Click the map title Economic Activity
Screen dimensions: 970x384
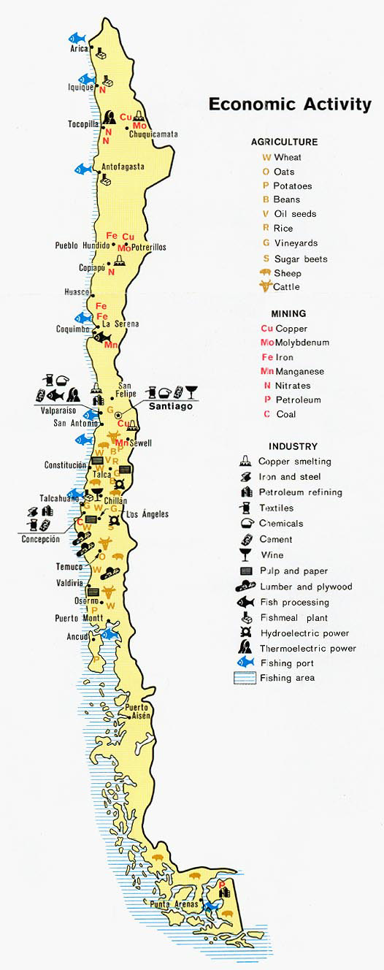pos(290,104)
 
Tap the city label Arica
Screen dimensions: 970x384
pos(79,49)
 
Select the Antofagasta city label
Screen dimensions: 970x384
pos(123,167)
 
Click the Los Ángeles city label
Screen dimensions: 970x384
pos(147,514)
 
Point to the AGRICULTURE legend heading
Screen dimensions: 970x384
pos(284,142)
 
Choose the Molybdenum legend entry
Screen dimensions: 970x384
pos(302,343)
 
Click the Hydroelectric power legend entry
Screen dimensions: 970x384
pos(304,633)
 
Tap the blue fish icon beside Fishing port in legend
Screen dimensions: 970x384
pos(245,662)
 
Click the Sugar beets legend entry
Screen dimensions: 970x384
pos(300,259)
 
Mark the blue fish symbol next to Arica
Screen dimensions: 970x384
pos(77,37)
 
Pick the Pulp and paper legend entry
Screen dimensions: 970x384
pos(293,571)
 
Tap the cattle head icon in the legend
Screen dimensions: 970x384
pos(264,287)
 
